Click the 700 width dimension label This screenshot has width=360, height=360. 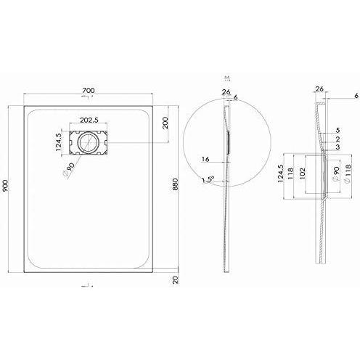[89, 91]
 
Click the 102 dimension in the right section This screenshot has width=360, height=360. [303, 174]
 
